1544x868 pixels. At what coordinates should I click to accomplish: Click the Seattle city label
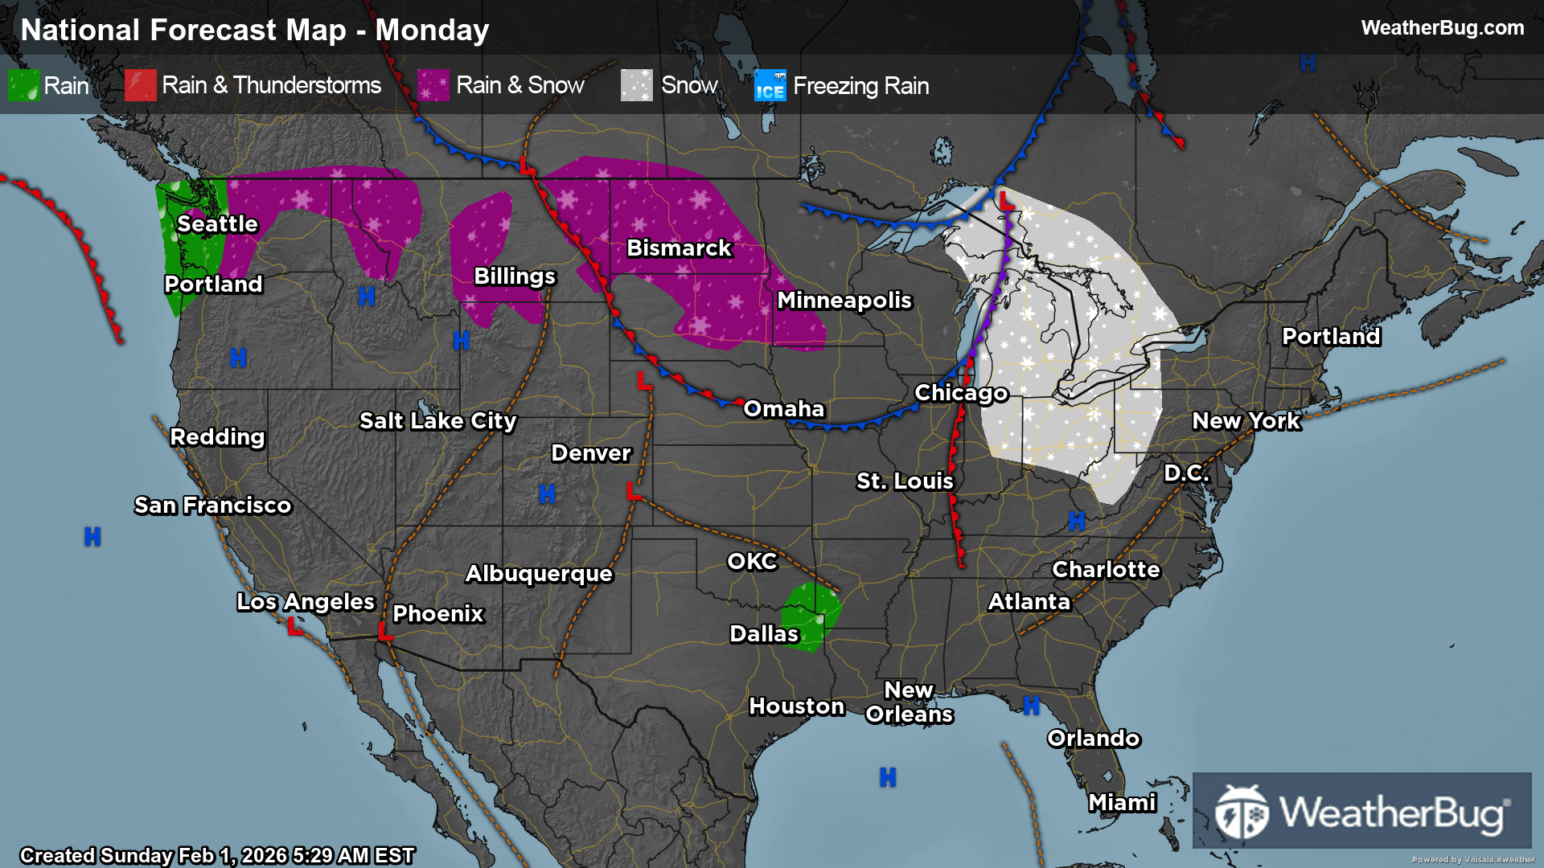pyautogui.click(x=217, y=224)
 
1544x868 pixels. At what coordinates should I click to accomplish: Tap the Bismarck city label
pyautogui.click(x=679, y=248)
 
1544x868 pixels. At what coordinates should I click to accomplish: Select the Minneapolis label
pyautogui.click(x=844, y=301)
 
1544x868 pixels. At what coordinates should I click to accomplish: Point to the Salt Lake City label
pyautogui.click(x=437, y=421)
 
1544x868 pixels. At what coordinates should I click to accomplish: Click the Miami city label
pyautogui.click(x=1122, y=803)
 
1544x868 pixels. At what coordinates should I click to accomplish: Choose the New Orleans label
pyautogui.click(x=909, y=702)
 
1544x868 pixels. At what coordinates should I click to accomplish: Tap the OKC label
pyautogui.click(x=752, y=562)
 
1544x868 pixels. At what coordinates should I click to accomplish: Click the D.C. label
pyautogui.click(x=1186, y=473)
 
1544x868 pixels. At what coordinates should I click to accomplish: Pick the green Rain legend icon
pyautogui.click(x=23, y=85)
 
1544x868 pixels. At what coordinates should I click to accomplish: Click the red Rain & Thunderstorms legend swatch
pyautogui.click(x=140, y=85)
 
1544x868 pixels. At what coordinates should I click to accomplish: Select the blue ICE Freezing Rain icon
pyautogui.click(x=770, y=85)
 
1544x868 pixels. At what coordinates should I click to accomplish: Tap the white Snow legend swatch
pyautogui.click(x=636, y=85)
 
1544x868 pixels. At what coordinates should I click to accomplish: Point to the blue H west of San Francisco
pyautogui.click(x=92, y=537)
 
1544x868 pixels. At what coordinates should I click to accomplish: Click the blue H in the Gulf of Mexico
pyautogui.click(x=888, y=777)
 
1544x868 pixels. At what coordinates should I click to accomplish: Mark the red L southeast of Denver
pyautogui.click(x=634, y=490)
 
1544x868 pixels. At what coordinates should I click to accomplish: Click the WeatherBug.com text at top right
pyautogui.click(x=1442, y=28)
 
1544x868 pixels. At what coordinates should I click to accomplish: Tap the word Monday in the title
pyautogui.click(x=432, y=31)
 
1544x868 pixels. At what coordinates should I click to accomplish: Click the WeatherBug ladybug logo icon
pyautogui.click(x=1241, y=812)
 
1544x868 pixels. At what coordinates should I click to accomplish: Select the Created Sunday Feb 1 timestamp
pyautogui.click(x=217, y=855)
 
